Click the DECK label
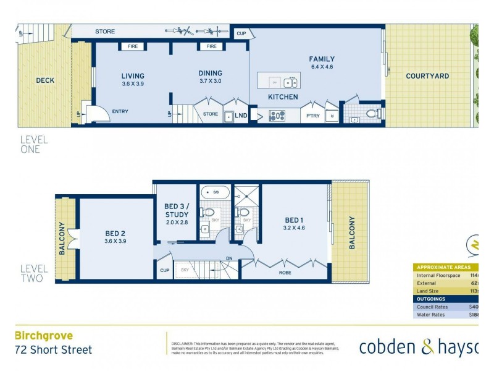[x=45, y=80]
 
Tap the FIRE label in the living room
[x=133, y=46]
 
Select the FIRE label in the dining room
[x=211, y=46]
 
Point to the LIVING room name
[x=133, y=76]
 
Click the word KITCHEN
[x=283, y=97]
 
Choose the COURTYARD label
[x=427, y=76]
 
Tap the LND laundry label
[x=241, y=115]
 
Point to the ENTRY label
[x=120, y=112]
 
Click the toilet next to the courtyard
[x=372, y=113]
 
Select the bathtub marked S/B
[x=214, y=192]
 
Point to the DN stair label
[x=229, y=259]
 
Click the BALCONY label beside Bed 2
[x=62, y=239]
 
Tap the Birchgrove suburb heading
[x=44, y=336]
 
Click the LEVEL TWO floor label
[x=33, y=273]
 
